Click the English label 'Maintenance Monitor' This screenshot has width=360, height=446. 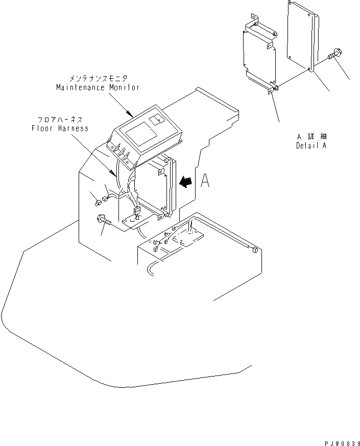(x=98, y=87)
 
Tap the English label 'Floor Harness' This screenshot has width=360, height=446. (x=59, y=128)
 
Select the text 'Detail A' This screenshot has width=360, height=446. (x=311, y=146)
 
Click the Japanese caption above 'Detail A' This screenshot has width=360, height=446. (x=311, y=137)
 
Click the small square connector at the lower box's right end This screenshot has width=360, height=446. (x=253, y=249)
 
